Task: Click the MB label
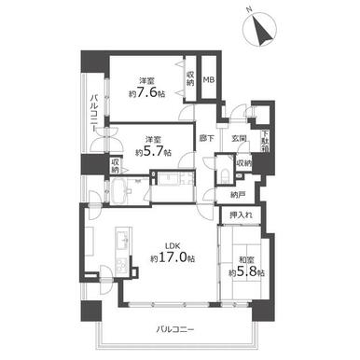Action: [x=210, y=81]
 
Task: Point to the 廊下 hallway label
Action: [x=207, y=140]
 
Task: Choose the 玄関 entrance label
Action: [x=238, y=140]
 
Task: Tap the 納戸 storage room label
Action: [x=238, y=195]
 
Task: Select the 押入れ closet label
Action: [x=240, y=215]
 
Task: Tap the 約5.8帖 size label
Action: [x=247, y=273]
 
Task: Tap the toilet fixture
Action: [x=224, y=177]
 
